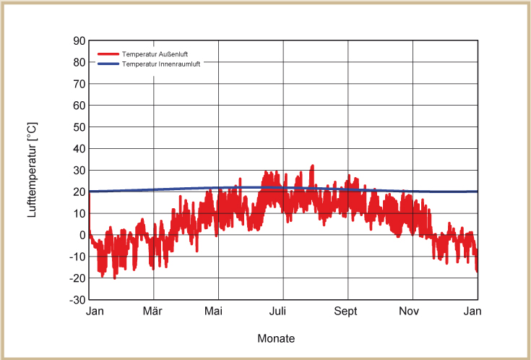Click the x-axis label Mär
coord(152,312)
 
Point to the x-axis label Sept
coord(346,312)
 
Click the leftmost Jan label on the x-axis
coord(95,312)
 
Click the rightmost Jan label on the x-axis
coord(472,312)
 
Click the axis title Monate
coord(276,338)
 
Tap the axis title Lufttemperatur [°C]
coord(33,170)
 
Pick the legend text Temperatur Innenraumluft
coord(161,64)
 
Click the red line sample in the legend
coord(108,55)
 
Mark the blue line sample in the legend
coord(108,64)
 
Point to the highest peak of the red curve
coord(312,166)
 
